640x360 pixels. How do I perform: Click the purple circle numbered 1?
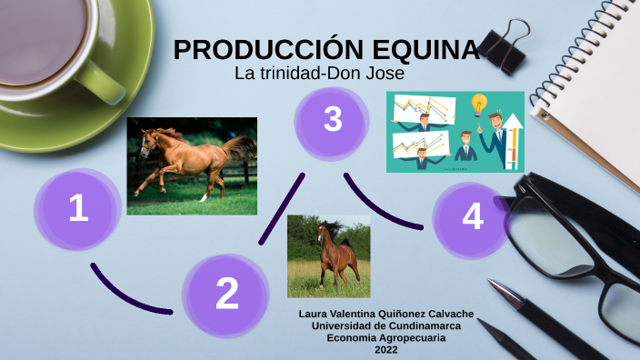pyautogui.click(x=78, y=209)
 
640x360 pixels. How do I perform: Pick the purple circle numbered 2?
pyautogui.click(x=226, y=293)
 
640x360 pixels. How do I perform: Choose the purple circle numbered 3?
pyautogui.click(x=333, y=119)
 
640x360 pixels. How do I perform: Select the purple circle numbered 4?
pyautogui.click(x=471, y=217)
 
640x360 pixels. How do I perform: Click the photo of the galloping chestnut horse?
pyautogui.click(x=191, y=165)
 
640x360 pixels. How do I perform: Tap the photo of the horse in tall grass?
pyautogui.click(x=328, y=256)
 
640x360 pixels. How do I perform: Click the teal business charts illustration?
pyautogui.click(x=455, y=132)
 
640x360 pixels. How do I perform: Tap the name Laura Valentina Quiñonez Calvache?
pyautogui.click(x=386, y=315)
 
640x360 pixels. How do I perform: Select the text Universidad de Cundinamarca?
pyautogui.click(x=386, y=326)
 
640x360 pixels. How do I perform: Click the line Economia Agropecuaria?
pyautogui.click(x=386, y=338)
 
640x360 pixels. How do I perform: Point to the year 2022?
pyautogui.click(x=386, y=350)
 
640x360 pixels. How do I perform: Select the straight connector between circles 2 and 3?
pyautogui.click(x=282, y=207)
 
